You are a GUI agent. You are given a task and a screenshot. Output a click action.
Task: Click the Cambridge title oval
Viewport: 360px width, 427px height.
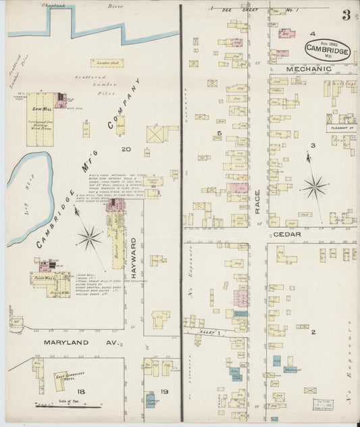[327, 49]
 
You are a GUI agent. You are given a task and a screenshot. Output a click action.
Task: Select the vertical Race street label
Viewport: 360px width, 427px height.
[258, 201]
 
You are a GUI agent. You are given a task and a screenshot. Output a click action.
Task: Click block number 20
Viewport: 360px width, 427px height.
[126, 149]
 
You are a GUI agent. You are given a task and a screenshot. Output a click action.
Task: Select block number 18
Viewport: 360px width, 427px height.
[80, 392]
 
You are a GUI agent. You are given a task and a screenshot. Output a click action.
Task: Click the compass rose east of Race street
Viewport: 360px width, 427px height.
[314, 185]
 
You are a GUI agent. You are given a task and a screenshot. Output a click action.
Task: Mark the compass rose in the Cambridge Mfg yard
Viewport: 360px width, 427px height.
[89, 236]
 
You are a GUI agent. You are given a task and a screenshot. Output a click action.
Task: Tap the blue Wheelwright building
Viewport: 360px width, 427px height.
[292, 370]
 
